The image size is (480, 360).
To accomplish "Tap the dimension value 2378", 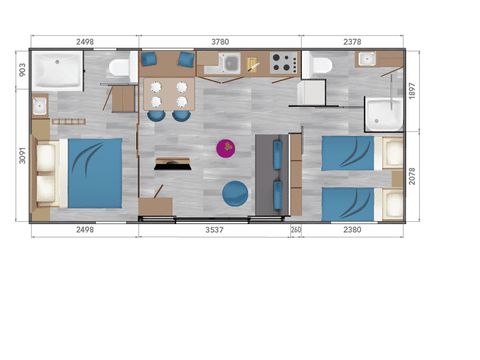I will click(352, 42).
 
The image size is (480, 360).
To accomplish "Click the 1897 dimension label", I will click(413, 92).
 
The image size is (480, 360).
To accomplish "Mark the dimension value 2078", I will click(413, 178).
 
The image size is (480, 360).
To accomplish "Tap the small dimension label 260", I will click(296, 229).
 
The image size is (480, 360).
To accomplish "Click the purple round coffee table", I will click(226, 149).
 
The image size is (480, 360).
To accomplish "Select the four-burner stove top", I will click(282, 64).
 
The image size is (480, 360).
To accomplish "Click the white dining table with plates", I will click(167, 94).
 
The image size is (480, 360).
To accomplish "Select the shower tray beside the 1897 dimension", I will click(382, 115).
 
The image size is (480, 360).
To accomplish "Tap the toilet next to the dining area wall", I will click(119, 69).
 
